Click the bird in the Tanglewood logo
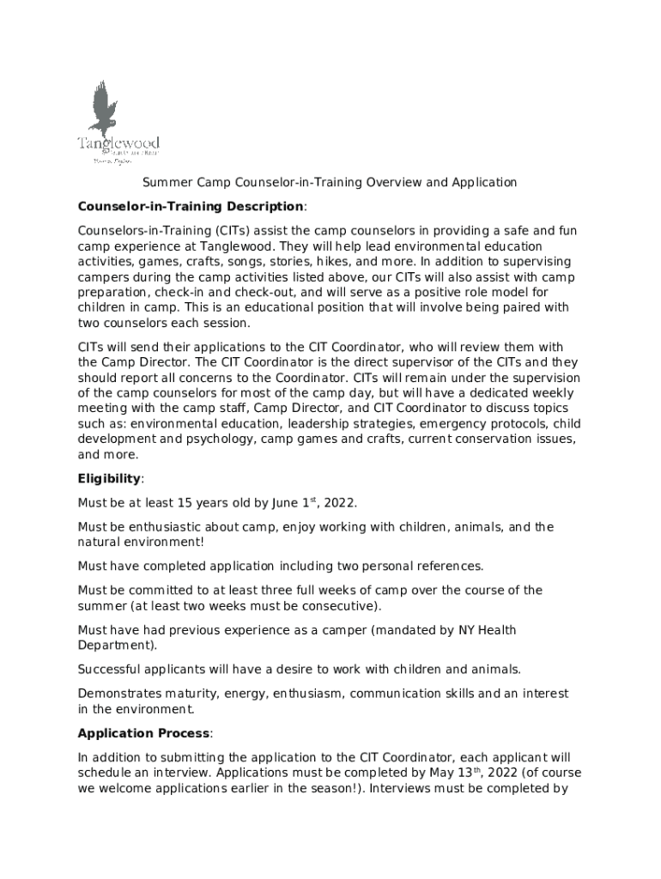[x=104, y=106]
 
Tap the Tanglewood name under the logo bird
[x=118, y=143]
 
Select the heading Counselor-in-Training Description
[x=191, y=207]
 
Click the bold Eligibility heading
[x=108, y=478]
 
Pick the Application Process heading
[x=143, y=733]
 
